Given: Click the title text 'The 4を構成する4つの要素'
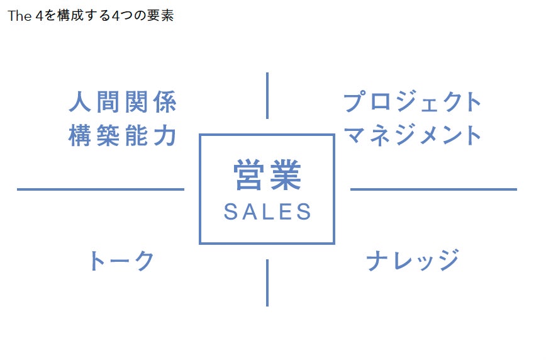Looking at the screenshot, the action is tap(91, 16).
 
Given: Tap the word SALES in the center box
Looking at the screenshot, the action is tap(267, 211).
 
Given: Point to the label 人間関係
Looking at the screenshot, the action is tap(123, 102).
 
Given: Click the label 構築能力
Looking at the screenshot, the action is tap(123, 135).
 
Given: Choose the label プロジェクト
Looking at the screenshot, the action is tap(412, 101).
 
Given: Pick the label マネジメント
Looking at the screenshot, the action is tap(412, 135).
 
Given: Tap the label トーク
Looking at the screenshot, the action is tap(122, 261).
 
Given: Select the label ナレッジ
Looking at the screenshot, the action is tap(412, 260).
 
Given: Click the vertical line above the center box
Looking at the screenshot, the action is tap(267, 96).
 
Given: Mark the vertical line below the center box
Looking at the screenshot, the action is tap(267, 283).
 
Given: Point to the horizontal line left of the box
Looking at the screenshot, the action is tap(101, 189).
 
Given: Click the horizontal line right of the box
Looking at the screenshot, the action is tap(433, 189).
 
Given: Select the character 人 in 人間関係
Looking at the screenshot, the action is tap(80, 102).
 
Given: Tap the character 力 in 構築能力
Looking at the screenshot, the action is tap(165, 135).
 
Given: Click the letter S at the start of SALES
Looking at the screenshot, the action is tap(230, 211).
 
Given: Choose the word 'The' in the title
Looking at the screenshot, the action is tap(20, 16).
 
